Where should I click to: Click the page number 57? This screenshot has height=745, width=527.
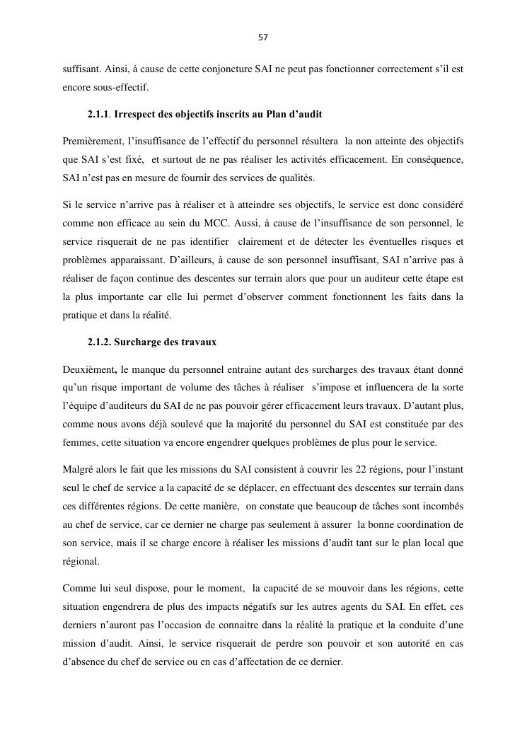pyautogui.click(x=263, y=37)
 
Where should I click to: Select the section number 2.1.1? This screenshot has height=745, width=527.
pyautogui.click(x=99, y=114)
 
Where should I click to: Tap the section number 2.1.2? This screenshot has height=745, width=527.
pyautogui.click(x=99, y=342)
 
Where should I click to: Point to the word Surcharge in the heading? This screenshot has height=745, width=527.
pyautogui.click(x=136, y=342)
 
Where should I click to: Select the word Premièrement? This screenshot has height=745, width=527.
pyautogui.click(x=92, y=142)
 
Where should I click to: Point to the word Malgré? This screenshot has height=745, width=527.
pyautogui.click(x=77, y=470)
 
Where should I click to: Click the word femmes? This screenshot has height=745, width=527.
pyautogui.click(x=80, y=443)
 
